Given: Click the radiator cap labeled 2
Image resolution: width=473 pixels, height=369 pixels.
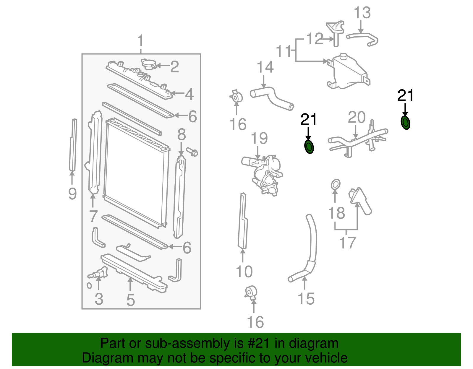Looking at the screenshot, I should pyautogui.click(x=148, y=64).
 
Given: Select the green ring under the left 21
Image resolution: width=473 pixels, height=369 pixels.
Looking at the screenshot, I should pyautogui.click(x=309, y=147).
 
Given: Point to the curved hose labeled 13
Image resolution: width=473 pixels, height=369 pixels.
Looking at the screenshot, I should pyautogui.click(x=363, y=38).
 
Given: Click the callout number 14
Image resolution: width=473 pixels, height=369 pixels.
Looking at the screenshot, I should pyautogui.click(x=265, y=67).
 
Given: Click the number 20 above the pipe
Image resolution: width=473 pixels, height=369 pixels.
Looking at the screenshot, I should pyautogui.click(x=357, y=118).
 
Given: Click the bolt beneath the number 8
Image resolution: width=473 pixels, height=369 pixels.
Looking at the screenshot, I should pyautogui.click(x=192, y=152).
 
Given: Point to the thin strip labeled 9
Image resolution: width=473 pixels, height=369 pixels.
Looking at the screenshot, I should pyautogui.click(x=73, y=145).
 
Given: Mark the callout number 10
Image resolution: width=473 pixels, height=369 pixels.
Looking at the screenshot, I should pyautogui.click(x=244, y=271).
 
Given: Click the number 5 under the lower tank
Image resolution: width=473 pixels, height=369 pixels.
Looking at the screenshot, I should pyautogui.click(x=130, y=300).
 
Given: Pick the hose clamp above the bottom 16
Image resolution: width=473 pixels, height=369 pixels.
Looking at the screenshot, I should pyautogui.click(x=251, y=292).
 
